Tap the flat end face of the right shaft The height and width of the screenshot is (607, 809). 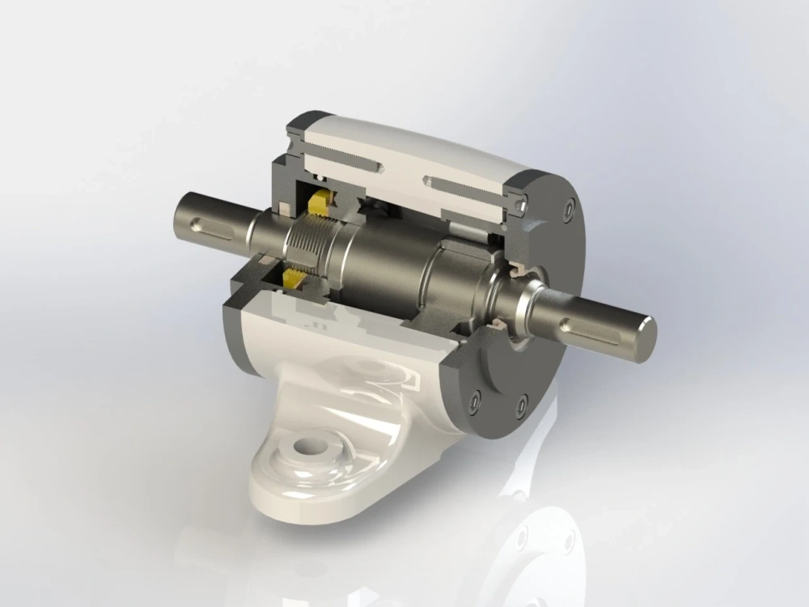(x=645, y=338)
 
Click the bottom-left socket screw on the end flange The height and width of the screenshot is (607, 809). (x=473, y=401)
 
